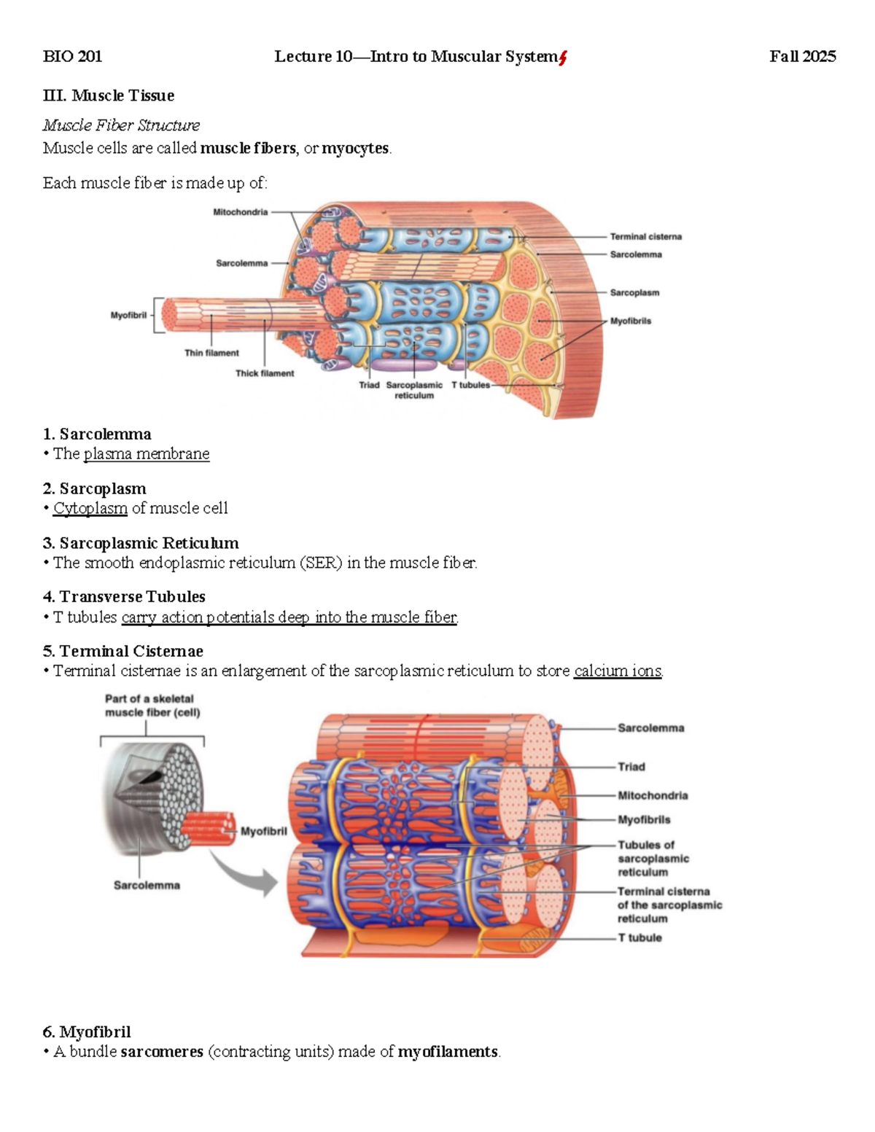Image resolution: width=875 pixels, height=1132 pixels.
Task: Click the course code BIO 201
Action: tap(72, 57)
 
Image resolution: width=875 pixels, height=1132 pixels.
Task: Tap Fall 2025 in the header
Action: tap(802, 57)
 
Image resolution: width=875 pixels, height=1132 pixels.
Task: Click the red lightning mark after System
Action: tap(563, 58)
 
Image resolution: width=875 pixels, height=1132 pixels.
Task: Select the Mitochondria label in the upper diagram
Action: tap(240, 212)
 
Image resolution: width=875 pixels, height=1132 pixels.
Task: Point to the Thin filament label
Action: tap(211, 353)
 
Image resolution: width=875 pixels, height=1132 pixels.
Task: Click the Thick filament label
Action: tap(265, 373)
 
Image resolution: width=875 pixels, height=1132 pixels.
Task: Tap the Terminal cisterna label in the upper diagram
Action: tap(645, 237)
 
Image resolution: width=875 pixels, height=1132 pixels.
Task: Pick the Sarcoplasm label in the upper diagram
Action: tap(634, 292)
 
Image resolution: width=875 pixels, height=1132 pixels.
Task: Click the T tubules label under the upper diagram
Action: tap(470, 385)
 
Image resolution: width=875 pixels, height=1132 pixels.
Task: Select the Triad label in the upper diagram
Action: tap(369, 385)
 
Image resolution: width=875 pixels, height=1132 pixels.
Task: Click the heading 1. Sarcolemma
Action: tap(97, 434)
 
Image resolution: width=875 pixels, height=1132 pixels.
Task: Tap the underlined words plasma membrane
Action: tap(147, 454)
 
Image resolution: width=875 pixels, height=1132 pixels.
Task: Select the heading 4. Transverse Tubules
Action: tap(124, 597)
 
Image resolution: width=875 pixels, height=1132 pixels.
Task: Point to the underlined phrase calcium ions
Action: tap(618, 671)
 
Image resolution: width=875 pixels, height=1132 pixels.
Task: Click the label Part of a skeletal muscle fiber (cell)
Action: tap(152, 706)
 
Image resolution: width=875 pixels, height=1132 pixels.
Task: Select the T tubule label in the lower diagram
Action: tap(639, 938)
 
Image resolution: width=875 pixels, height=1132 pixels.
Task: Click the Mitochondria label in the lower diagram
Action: tap(653, 795)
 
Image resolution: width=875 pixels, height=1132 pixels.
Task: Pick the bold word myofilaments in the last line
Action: tap(448, 1052)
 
